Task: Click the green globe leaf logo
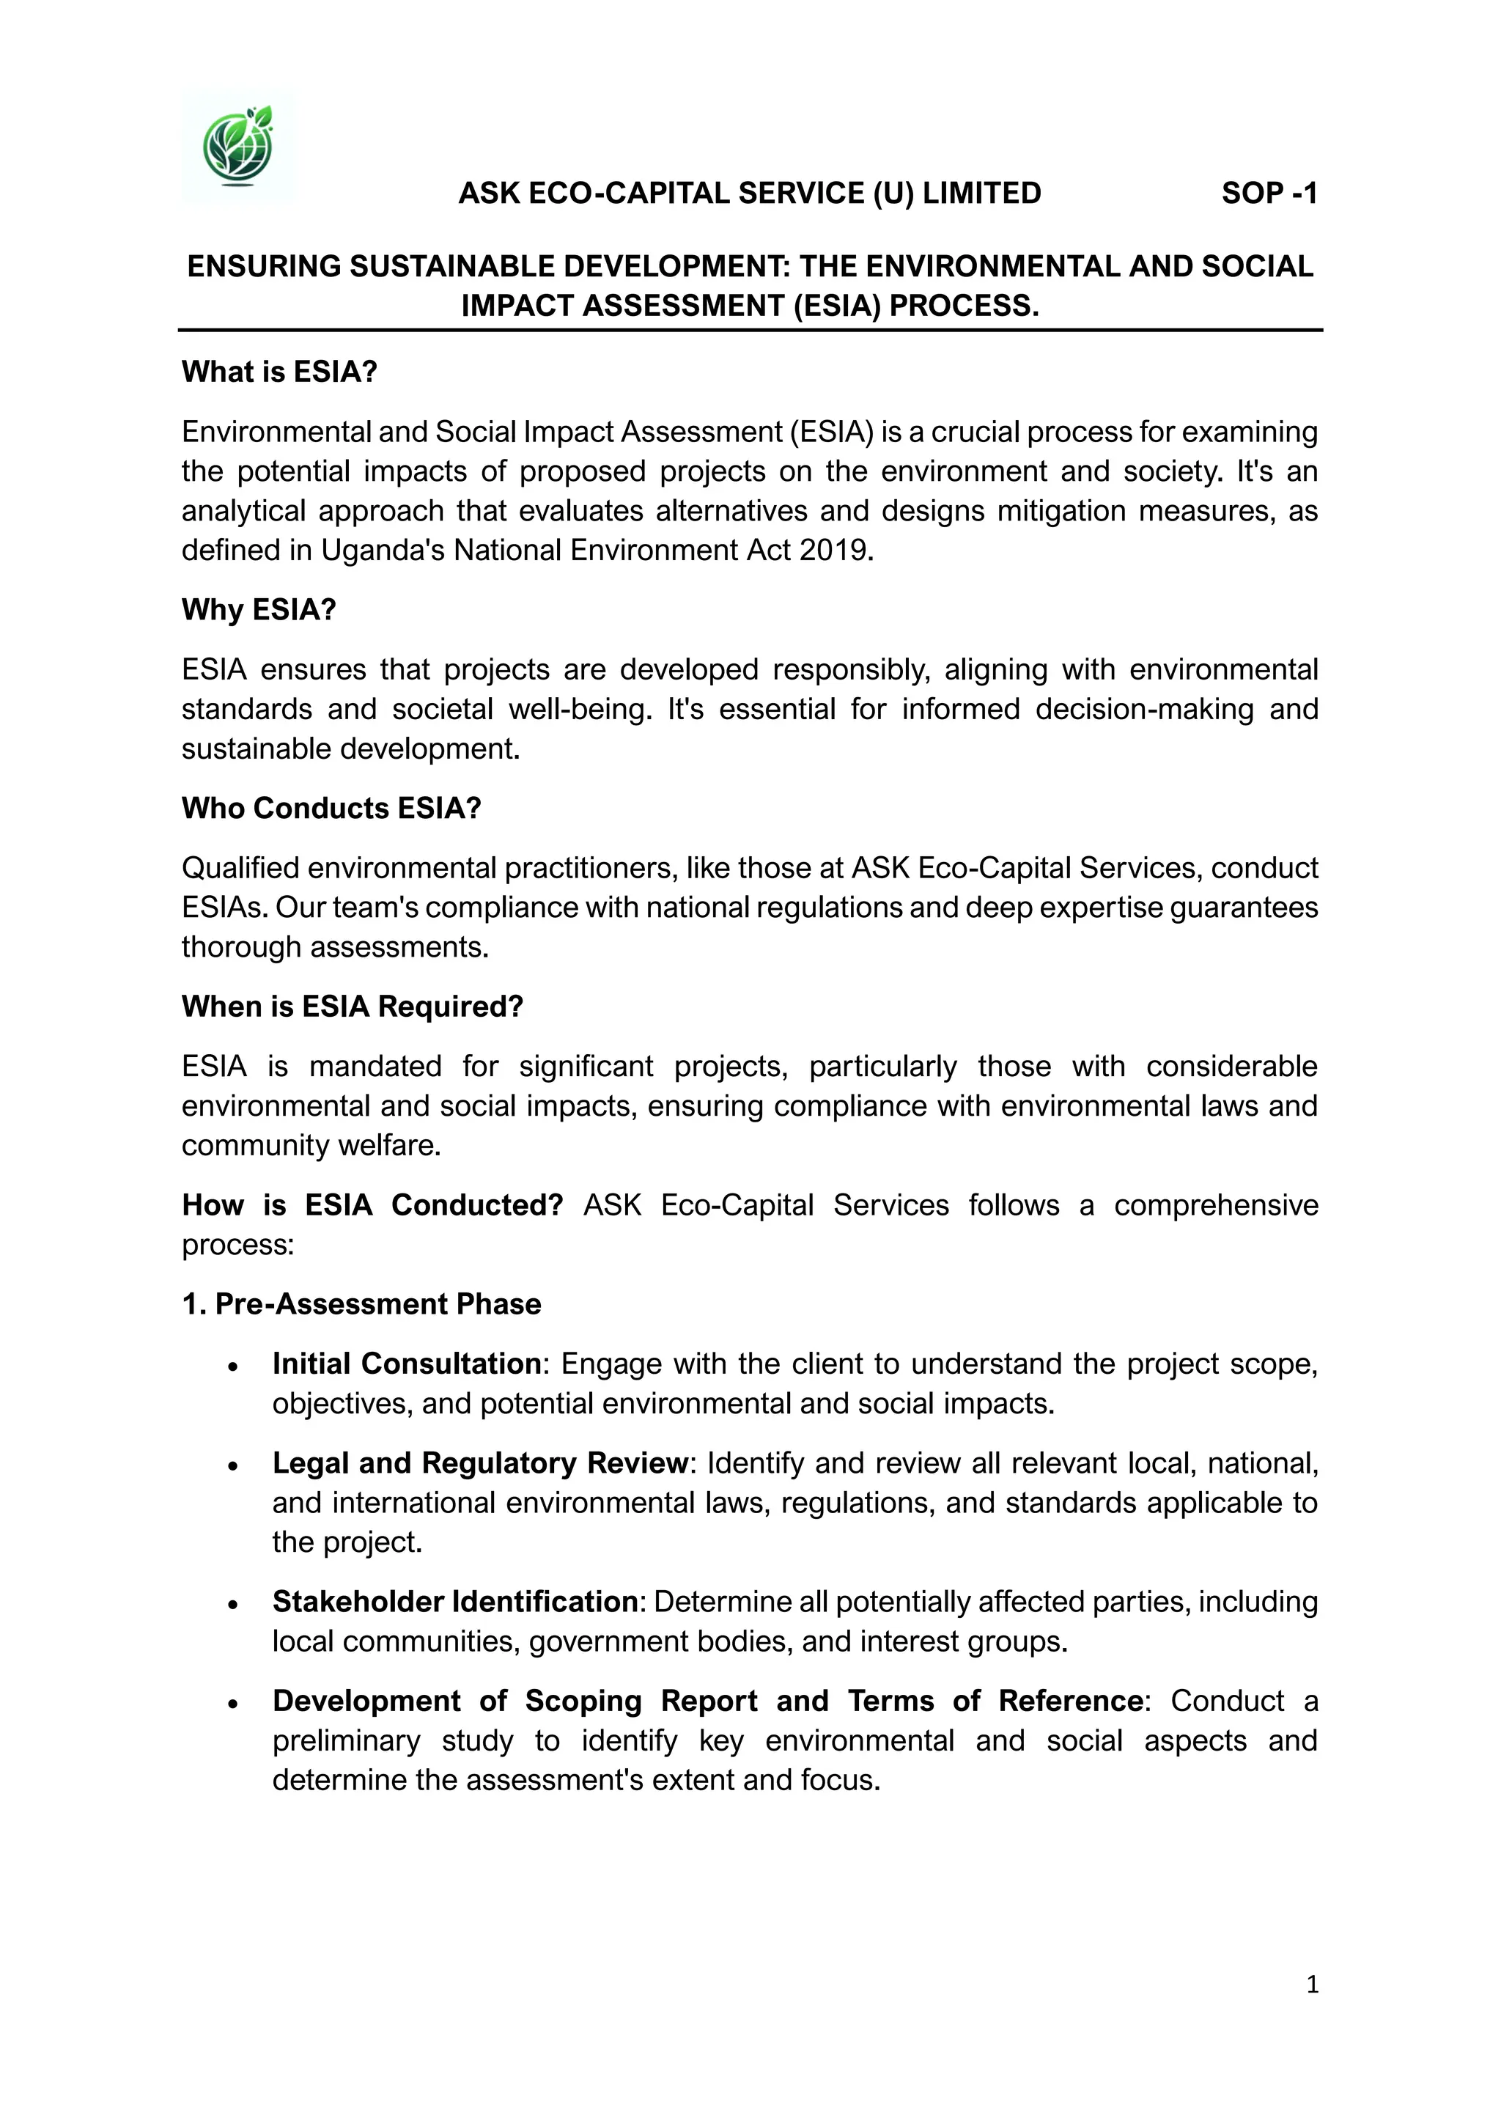pyautogui.click(x=238, y=145)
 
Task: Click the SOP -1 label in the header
pyautogui.click(x=1269, y=194)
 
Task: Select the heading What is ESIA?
pyautogui.click(x=280, y=372)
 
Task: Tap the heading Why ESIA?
pyautogui.click(x=259, y=610)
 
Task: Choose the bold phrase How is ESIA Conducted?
pyautogui.click(x=372, y=1205)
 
